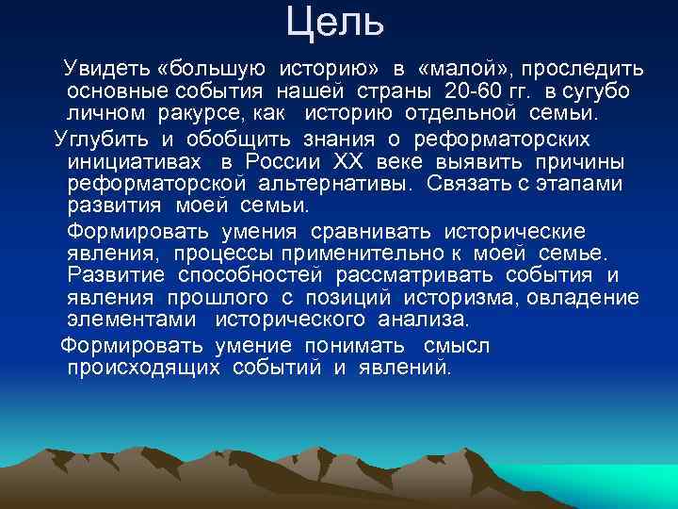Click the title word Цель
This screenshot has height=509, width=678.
click(x=335, y=23)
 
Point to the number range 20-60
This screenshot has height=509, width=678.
click(x=468, y=92)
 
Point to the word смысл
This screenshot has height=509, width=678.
click(x=456, y=345)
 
